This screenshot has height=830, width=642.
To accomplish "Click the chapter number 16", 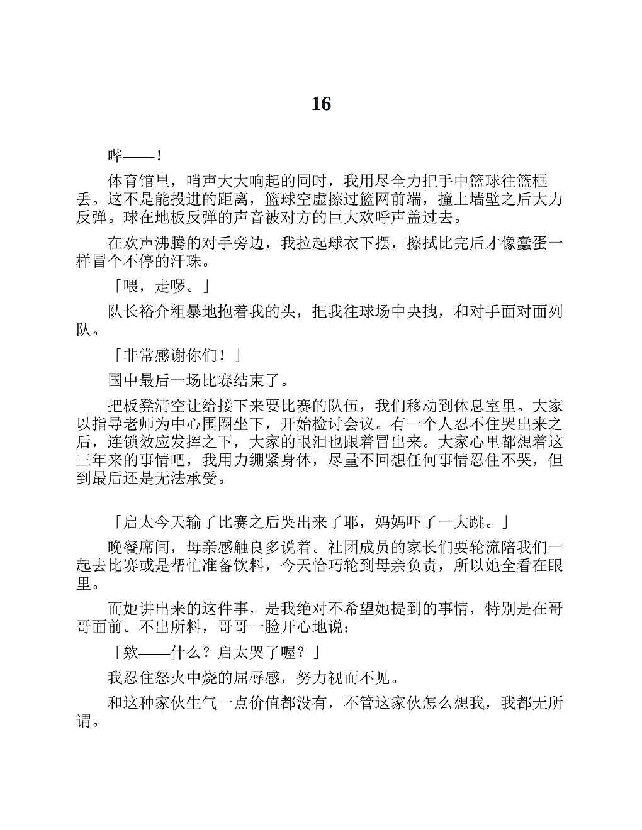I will pos(321,104).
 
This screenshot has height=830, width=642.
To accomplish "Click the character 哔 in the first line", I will pos(116,155).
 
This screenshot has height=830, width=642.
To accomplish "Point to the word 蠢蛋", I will pos(532,243).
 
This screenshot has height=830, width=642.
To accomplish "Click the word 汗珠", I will pos(187,261).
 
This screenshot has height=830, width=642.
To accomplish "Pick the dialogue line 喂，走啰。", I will pos(161,287).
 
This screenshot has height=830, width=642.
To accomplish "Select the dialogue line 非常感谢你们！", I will pos(176,355).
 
